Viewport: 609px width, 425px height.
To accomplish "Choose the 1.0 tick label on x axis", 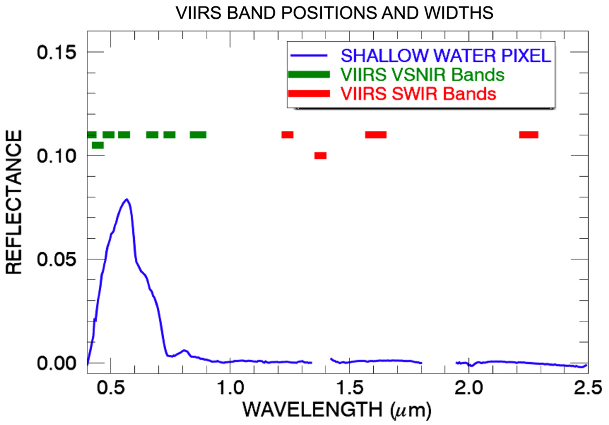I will click(230, 388).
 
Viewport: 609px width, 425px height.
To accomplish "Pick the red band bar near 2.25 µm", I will click(529, 135).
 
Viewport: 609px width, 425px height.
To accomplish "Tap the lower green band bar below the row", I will click(98, 145).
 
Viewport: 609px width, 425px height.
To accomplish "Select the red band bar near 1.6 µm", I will click(376, 135).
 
